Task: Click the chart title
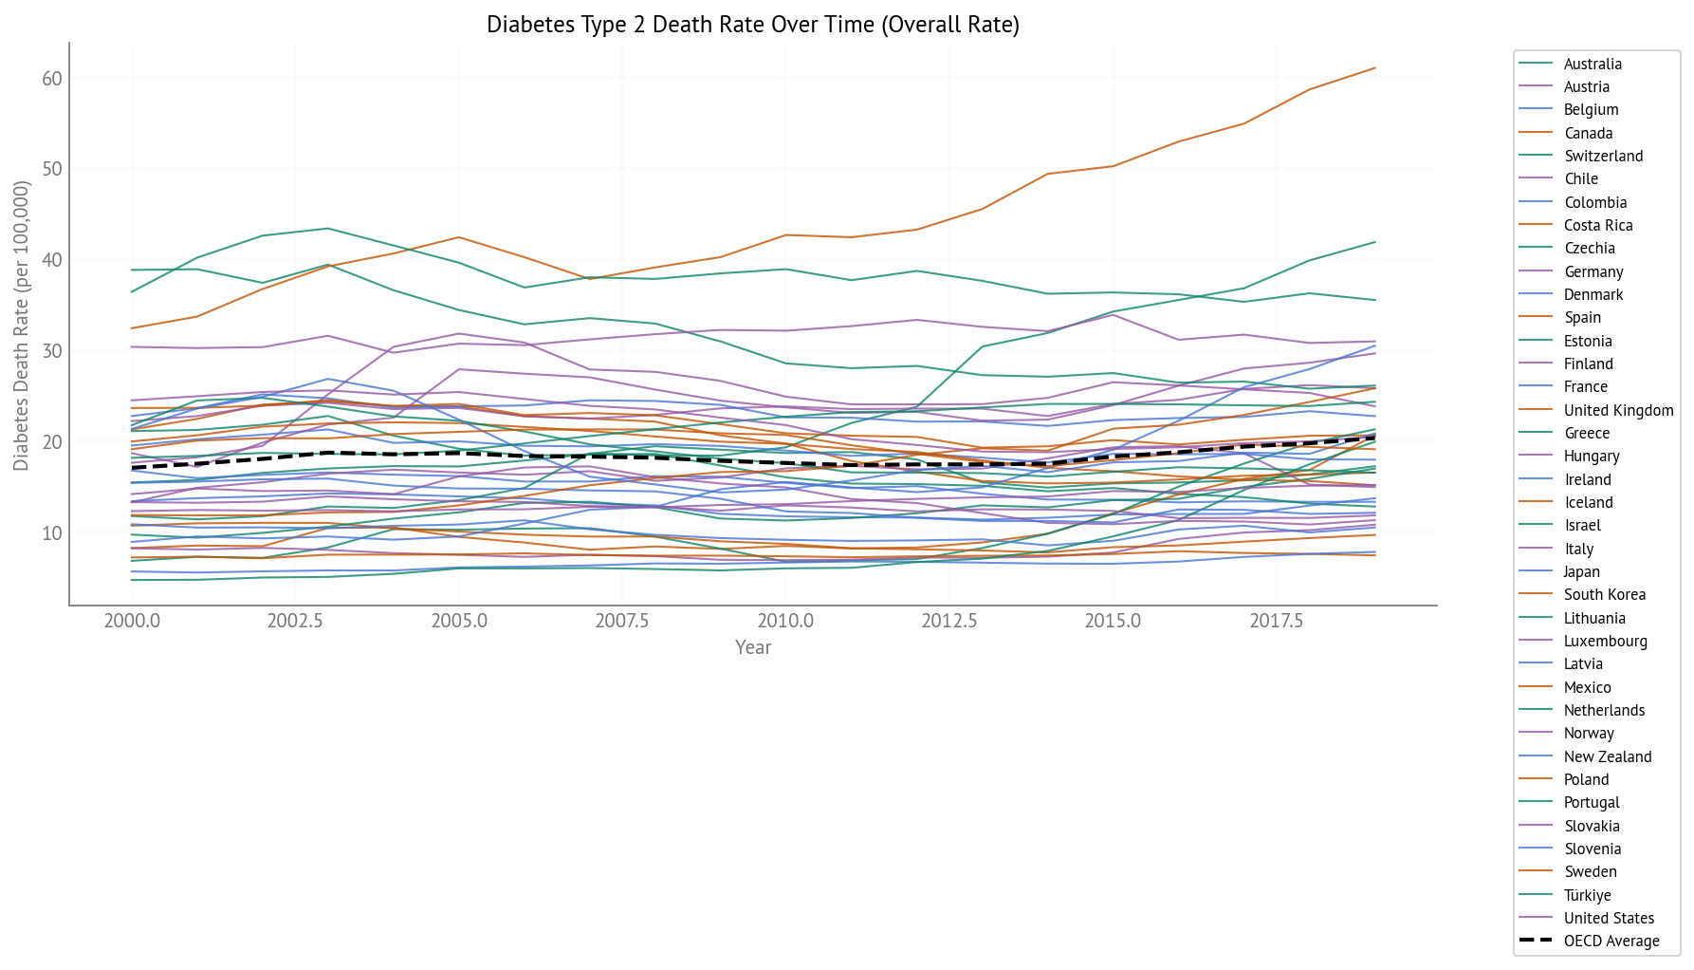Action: [x=752, y=25]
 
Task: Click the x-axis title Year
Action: [x=753, y=647]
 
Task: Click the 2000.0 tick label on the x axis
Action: [x=132, y=621]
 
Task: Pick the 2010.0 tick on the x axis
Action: [x=785, y=621]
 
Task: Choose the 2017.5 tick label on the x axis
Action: [x=1276, y=621]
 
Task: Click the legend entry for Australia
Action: [x=1593, y=65]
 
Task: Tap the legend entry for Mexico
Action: [x=1587, y=688]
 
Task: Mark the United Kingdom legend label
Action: [x=1618, y=411]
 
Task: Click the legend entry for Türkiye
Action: [x=1587, y=896]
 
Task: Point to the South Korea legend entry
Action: [x=1604, y=595]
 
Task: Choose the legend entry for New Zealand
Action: [x=1608, y=757]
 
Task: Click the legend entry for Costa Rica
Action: [x=1598, y=226]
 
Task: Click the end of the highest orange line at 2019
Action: [x=1375, y=67]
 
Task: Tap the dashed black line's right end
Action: [x=1375, y=438]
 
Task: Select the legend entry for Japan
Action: [x=1581, y=572]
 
